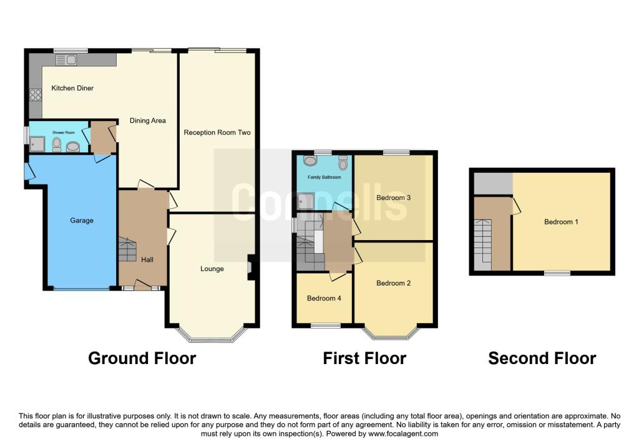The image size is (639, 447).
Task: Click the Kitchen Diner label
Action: [72, 88]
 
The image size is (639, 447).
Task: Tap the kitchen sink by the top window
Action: [66, 60]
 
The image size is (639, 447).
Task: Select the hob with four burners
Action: [36, 95]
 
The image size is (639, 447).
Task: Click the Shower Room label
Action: [64, 133]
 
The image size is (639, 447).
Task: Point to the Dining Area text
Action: [147, 120]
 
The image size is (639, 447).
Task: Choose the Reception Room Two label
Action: [217, 132]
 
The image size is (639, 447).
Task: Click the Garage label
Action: [82, 220]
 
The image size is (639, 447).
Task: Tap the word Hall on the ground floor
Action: [147, 259]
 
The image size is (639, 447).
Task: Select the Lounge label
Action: [212, 269]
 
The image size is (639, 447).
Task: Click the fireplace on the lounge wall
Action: [251, 267]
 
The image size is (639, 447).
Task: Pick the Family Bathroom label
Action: [324, 177]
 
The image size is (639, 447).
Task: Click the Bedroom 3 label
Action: [393, 198]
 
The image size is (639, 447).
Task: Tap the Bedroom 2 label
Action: [393, 283]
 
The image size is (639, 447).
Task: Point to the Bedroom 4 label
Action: [324, 299]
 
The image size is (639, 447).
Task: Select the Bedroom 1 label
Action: [561, 222]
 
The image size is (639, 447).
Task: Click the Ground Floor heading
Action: [142, 358]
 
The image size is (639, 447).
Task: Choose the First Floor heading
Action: [364, 358]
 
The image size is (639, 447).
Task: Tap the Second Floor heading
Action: [542, 358]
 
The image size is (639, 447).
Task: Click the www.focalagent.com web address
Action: [403, 434]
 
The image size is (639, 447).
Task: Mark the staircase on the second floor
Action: [483, 244]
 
